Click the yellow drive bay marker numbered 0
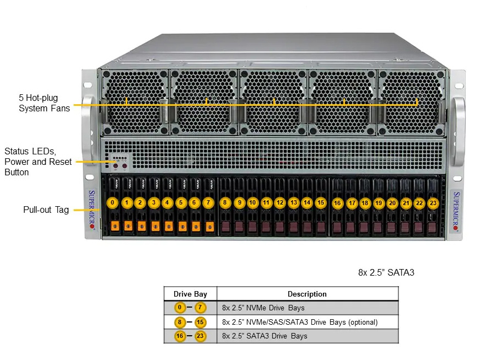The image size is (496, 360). tap(112, 203)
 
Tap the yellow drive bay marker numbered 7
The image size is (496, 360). tap(208, 203)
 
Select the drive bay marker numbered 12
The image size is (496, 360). tap(280, 203)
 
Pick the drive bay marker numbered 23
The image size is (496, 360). tap(433, 203)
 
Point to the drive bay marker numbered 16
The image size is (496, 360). tap(337, 203)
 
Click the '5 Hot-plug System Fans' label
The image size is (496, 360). tap(44, 103)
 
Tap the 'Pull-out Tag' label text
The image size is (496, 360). tap(46, 209)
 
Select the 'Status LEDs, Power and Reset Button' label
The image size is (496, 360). tap(38, 162)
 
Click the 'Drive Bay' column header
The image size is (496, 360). tap(190, 294)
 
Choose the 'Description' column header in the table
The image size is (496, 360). tap(307, 294)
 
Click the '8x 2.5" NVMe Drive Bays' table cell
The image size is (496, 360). tap(263, 308)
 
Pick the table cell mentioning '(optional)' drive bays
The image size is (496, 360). tap(300, 322)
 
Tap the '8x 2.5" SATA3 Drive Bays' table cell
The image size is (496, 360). tap(265, 336)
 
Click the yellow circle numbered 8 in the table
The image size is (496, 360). tap(180, 322)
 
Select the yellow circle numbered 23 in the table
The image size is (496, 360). tap(200, 336)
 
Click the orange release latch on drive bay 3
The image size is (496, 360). tap(155, 226)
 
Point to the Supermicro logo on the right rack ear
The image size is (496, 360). tap(456, 211)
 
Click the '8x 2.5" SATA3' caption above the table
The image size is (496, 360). tap(386, 272)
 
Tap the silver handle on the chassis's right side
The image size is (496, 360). tap(459, 131)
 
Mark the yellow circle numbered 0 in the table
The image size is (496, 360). tap(180, 308)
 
